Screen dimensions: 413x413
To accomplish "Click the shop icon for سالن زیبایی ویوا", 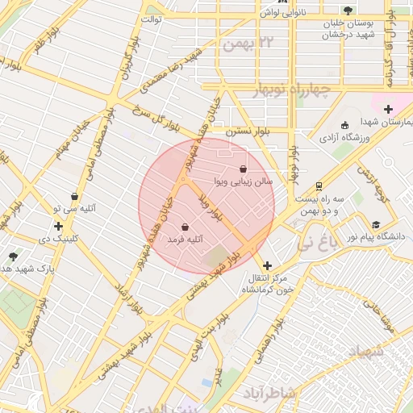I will tap(244, 169).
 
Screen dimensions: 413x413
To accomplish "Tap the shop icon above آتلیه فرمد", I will tap(187, 227).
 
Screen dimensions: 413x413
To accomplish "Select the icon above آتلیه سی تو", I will tap(74, 195).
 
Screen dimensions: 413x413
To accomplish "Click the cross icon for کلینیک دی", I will tap(59, 226).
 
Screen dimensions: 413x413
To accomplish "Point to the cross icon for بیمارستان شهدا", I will tap(388, 109).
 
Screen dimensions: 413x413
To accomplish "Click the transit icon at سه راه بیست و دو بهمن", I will tap(319, 185).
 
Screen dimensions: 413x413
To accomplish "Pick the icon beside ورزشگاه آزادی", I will tap(345, 125).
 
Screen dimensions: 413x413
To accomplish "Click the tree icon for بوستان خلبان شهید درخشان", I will tap(348, 10).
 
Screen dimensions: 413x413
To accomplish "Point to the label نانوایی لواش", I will tap(279, 14).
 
